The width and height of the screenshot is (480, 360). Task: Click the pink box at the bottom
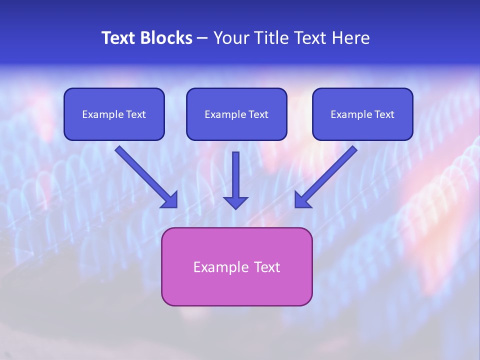point(236,287)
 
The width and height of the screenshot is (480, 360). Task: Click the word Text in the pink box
point(267,267)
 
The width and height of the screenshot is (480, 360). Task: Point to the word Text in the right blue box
point(384,114)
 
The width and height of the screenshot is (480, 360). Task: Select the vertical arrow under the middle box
point(235,175)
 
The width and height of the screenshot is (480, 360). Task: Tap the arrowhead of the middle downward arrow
point(235,202)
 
